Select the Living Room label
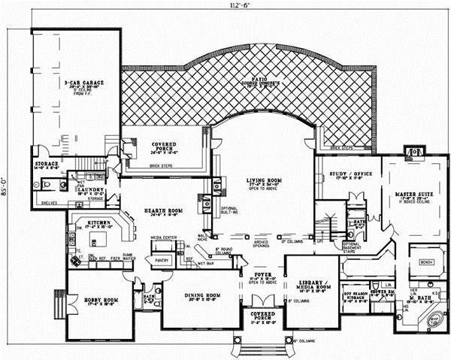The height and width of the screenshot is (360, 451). point(261,181)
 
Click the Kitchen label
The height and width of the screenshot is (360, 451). point(98,223)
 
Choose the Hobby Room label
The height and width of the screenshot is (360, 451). point(88,301)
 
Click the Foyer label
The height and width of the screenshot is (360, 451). point(261,275)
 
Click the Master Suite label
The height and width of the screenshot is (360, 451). point(411,196)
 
